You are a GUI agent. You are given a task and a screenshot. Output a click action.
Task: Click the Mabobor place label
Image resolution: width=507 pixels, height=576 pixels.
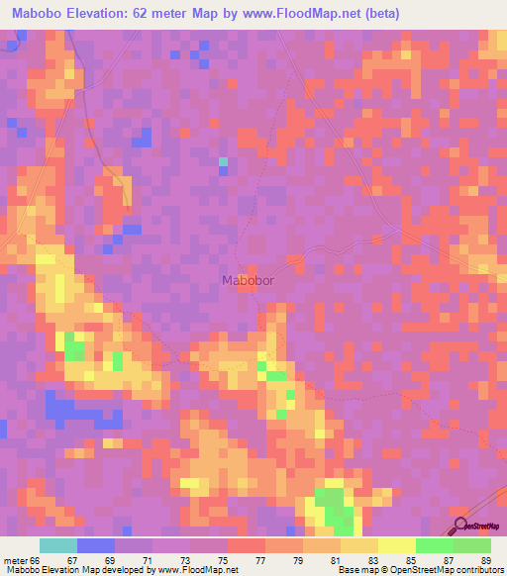(249, 279)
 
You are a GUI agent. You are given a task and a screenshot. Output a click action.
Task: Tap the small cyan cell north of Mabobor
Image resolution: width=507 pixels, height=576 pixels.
(223, 161)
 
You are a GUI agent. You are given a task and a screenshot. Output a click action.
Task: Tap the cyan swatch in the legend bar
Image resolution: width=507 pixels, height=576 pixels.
(57, 546)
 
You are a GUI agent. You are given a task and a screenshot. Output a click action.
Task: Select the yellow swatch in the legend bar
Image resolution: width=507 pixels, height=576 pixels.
(396, 546)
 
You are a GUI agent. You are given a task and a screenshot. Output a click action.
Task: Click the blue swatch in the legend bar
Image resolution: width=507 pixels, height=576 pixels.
(95, 546)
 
